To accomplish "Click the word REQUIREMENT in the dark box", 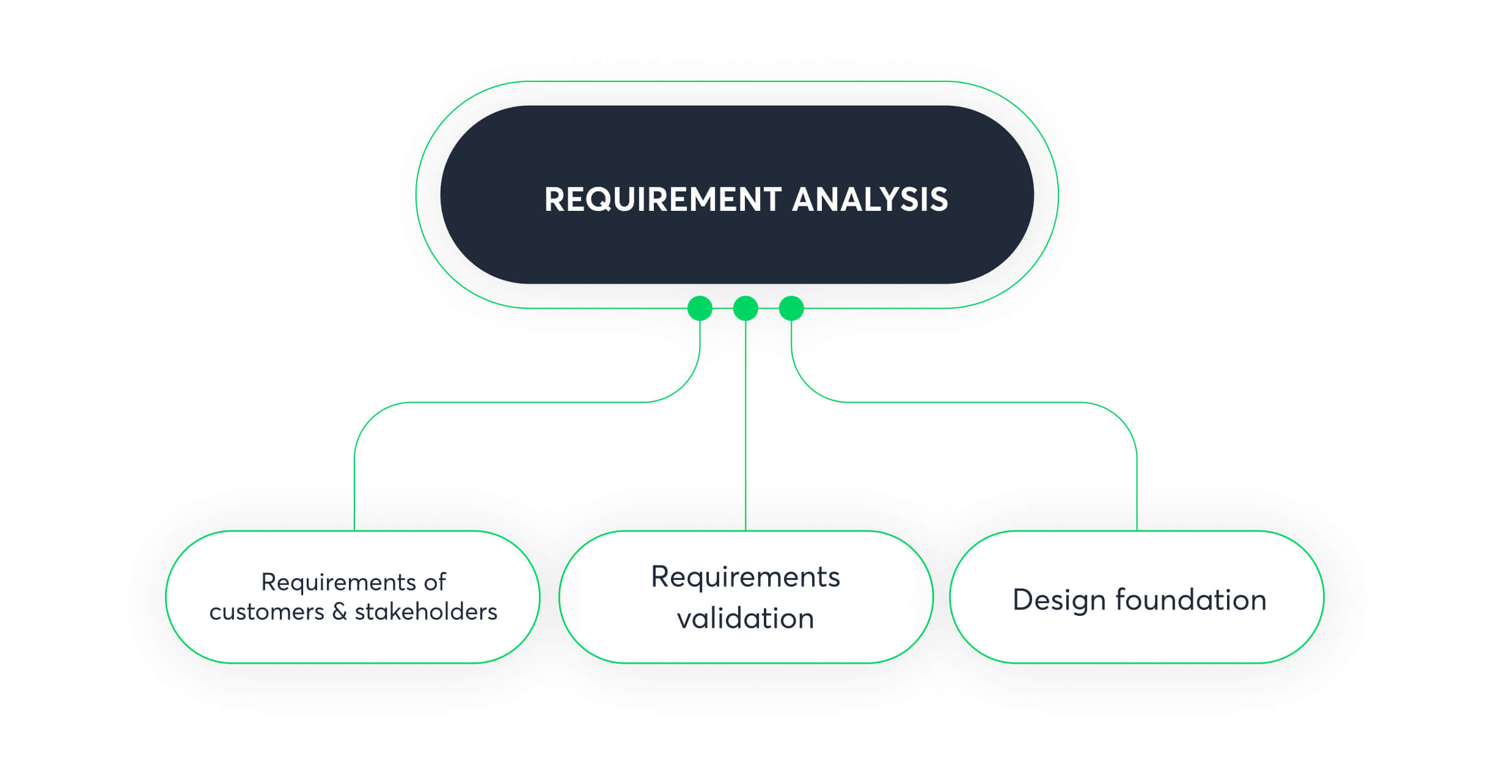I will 662,199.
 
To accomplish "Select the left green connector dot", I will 700,308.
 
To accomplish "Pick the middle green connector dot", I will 745,308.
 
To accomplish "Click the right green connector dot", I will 791,308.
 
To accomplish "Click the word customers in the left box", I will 266,612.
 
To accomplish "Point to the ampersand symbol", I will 340,611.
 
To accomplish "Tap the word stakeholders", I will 426,611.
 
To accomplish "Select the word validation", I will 745,618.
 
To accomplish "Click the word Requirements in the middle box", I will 745,577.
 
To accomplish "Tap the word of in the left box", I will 435,582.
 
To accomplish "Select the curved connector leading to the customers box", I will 526,402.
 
